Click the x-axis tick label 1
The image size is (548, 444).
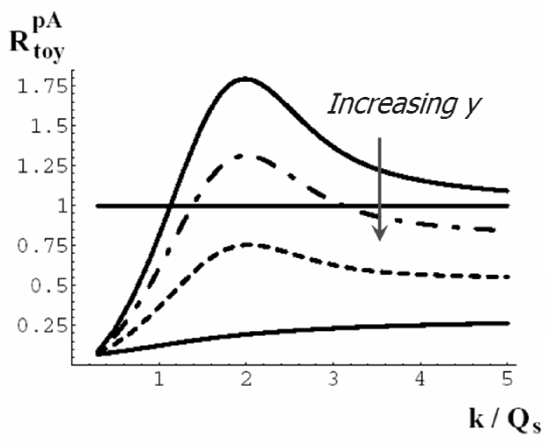click(159, 381)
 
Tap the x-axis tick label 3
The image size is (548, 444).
click(333, 381)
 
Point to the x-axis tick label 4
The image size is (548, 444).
click(420, 381)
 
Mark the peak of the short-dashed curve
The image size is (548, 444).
click(248, 244)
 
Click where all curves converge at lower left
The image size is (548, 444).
click(99, 352)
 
